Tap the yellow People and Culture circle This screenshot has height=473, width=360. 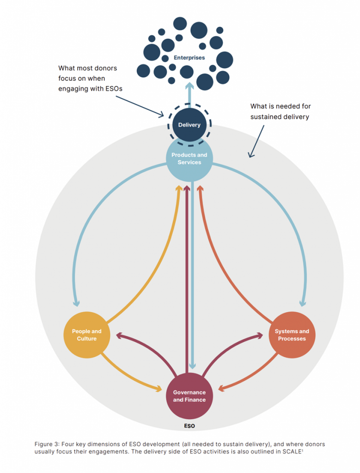pyautogui.click(x=86, y=335)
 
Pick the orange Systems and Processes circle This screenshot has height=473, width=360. pyautogui.click(x=292, y=335)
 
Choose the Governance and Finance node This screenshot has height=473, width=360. pyautogui.click(x=189, y=396)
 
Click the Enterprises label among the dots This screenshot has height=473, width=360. pyautogui.click(x=189, y=58)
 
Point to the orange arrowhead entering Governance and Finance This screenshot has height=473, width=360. pyautogui.click(x=220, y=388)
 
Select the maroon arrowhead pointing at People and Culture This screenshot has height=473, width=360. pyautogui.click(x=119, y=335)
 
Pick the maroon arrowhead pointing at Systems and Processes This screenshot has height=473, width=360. pyautogui.click(x=259, y=335)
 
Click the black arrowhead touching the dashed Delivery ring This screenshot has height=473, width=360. pyautogui.click(x=163, y=114)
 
